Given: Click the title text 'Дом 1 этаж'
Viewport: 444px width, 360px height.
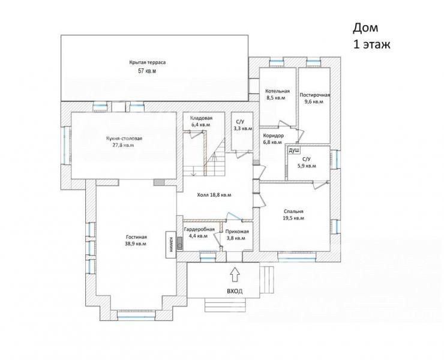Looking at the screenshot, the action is (x=371, y=36).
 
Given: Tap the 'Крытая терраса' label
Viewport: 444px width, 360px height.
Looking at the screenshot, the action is (x=147, y=62).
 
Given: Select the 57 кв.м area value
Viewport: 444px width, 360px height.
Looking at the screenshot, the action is (x=147, y=71).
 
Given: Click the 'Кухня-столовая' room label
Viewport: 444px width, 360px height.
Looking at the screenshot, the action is (x=124, y=139).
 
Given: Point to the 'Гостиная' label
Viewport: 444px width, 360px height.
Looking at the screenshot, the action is (x=136, y=237).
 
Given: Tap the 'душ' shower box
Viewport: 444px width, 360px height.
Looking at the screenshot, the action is (x=293, y=151).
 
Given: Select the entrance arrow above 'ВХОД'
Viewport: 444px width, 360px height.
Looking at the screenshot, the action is (x=235, y=274).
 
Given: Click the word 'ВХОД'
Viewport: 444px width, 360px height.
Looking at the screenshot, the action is (x=235, y=292).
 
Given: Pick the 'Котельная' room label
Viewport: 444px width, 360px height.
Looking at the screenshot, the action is (x=277, y=91).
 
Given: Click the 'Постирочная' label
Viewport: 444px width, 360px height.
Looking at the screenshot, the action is (x=315, y=95).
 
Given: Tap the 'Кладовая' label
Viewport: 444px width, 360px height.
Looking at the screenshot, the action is (x=202, y=118).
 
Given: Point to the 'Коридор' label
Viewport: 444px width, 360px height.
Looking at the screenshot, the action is (x=273, y=136).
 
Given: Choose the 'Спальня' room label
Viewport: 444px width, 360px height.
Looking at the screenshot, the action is (x=293, y=212).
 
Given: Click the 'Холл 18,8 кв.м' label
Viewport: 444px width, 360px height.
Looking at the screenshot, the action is (x=214, y=195).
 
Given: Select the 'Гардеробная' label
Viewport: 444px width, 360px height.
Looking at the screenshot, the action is (x=199, y=229).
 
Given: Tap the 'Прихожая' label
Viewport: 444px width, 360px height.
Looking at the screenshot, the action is (x=237, y=232).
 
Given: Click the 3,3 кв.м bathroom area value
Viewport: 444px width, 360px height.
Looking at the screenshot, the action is (x=243, y=128).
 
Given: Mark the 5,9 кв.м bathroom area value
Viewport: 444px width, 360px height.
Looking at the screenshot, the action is (x=307, y=166).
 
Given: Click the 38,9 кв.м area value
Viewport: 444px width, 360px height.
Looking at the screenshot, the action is (x=136, y=244).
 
